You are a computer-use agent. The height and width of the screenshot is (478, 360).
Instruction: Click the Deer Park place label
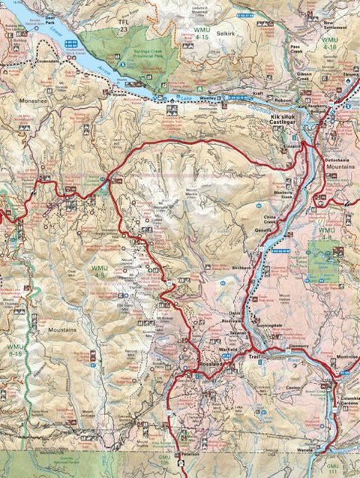(50, 18)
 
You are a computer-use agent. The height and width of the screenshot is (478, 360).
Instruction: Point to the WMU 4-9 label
(100, 272)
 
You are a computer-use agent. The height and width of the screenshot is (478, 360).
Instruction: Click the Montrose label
(346, 356)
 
